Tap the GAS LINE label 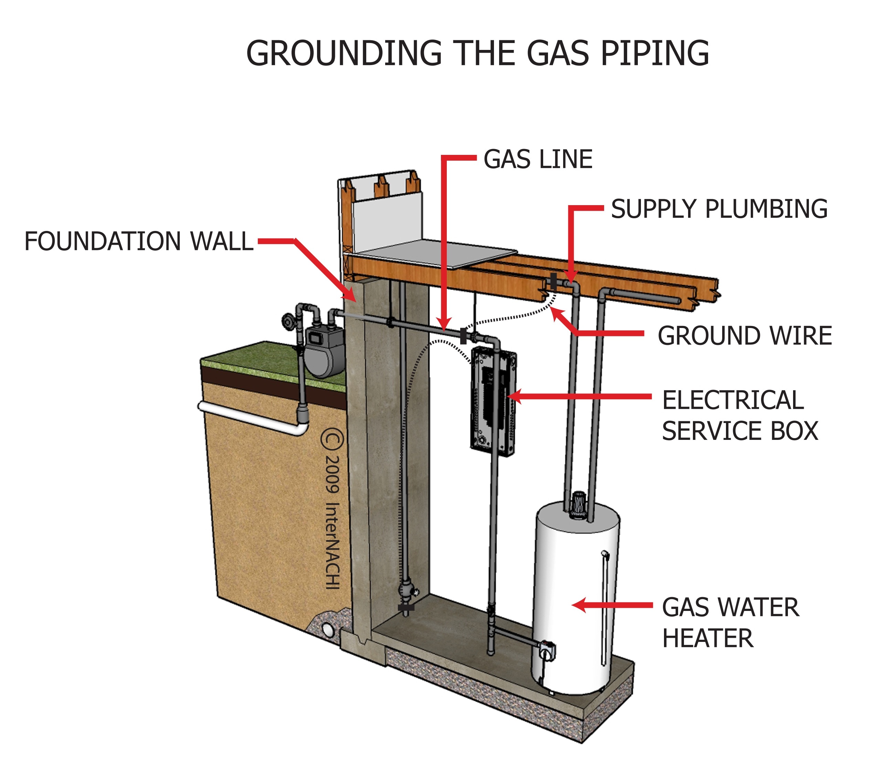click(538, 159)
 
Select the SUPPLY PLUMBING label click(719, 209)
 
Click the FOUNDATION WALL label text click(139, 241)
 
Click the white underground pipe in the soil click(253, 417)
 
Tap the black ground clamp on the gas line click(463, 336)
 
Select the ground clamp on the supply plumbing click(554, 282)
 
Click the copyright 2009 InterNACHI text click(333, 509)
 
